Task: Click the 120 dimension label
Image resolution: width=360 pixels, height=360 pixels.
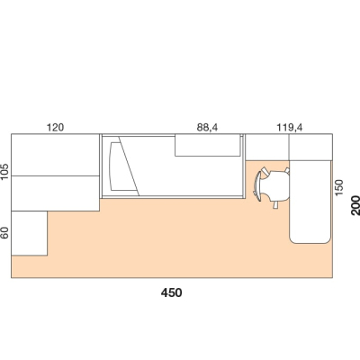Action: click(55, 128)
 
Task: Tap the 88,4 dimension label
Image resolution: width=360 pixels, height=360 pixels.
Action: click(207, 128)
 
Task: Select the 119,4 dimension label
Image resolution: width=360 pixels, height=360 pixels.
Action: click(290, 128)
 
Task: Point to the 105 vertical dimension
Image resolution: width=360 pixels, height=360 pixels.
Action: click(5, 172)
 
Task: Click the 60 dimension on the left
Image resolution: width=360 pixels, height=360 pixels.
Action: click(5, 233)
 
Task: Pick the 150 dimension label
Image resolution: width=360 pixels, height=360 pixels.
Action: click(338, 187)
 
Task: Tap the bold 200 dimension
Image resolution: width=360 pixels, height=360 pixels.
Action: click(355, 205)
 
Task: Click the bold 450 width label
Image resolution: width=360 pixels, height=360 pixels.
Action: click(171, 292)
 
